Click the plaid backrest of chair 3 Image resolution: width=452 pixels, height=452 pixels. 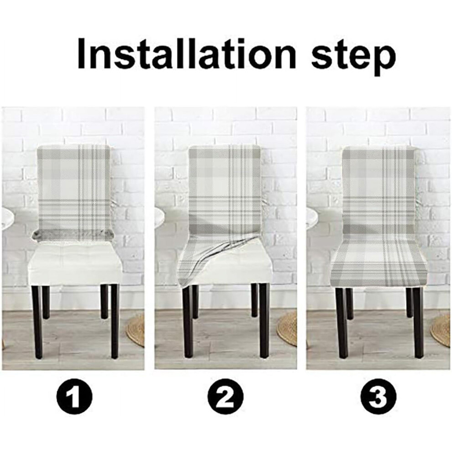pyautogui.click(x=379, y=193)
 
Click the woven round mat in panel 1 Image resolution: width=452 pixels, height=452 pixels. pyautogui.click(x=136, y=329)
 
